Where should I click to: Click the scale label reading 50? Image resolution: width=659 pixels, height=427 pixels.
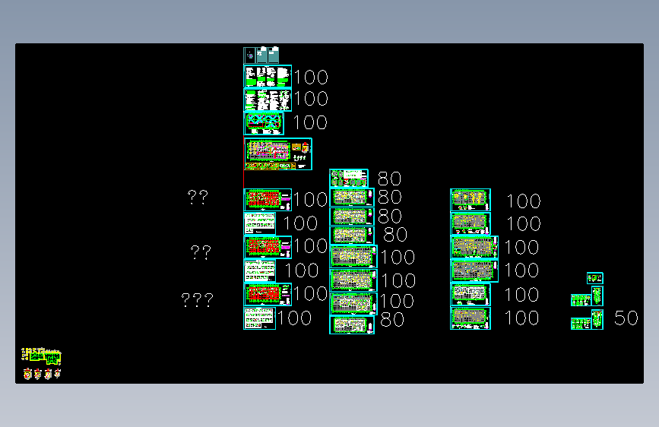626,318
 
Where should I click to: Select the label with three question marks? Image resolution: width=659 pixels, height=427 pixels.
197,300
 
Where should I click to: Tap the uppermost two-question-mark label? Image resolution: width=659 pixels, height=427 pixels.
198,198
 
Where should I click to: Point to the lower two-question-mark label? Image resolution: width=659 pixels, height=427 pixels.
200,252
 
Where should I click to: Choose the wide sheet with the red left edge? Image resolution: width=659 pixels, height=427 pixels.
277,153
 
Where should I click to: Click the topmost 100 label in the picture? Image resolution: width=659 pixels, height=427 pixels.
311,77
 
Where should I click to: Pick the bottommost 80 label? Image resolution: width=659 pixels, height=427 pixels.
392,320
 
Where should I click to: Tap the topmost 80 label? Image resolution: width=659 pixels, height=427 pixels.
389,179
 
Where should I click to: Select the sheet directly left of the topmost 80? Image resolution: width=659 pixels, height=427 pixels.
349,179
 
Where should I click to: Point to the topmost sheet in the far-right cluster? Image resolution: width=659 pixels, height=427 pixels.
595,278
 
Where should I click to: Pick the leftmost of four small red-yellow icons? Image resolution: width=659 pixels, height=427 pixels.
28,374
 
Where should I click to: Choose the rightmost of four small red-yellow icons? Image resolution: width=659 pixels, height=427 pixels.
58,373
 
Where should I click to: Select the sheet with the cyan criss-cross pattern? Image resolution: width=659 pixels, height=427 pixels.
264,123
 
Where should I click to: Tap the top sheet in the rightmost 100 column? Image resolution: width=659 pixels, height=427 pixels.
470,200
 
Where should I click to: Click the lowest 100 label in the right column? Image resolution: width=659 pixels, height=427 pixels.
522,318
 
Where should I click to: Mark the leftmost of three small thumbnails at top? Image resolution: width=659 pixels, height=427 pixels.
249,55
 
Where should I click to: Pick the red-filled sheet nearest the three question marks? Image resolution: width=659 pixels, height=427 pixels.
267,294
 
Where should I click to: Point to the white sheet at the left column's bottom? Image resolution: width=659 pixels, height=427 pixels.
259,318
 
